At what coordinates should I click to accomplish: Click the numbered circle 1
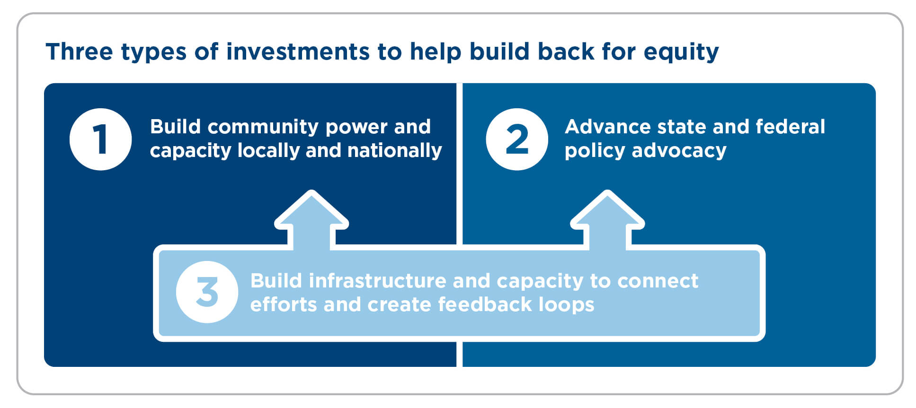pos(100,139)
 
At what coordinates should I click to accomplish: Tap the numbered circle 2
pos(517,139)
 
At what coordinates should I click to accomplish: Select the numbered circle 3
pos(207,292)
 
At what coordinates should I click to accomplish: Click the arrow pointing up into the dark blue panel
pos(311,220)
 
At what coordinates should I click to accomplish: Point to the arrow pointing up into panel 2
pos(607,220)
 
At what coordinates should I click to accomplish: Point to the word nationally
pos(394,151)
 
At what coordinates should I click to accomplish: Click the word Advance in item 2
pos(604,127)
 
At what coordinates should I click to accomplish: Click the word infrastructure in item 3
pos(377,281)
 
